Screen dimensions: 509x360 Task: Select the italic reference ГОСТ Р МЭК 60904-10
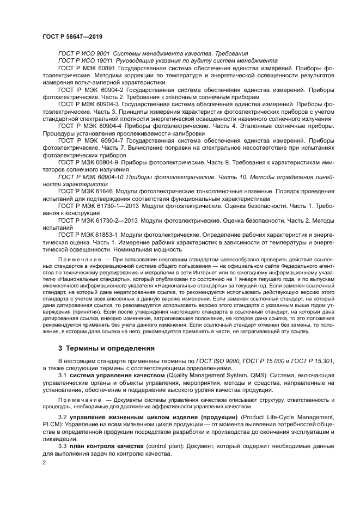coord(91,177)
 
